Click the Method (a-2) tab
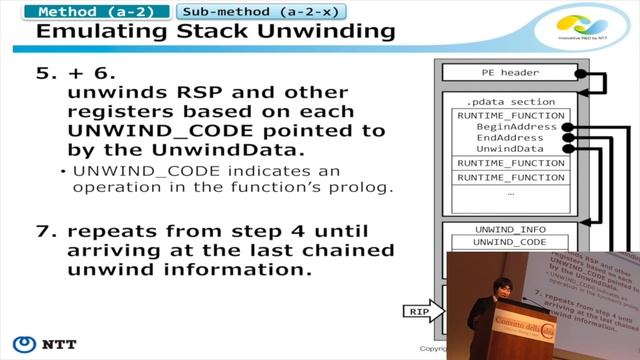(x=94, y=12)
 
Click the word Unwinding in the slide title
(x=309, y=33)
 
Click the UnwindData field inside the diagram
(x=510, y=148)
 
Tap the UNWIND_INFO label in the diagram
(x=509, y=229)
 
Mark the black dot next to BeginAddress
(x=567, y=128)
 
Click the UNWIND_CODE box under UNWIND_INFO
(x=509, y=243)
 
